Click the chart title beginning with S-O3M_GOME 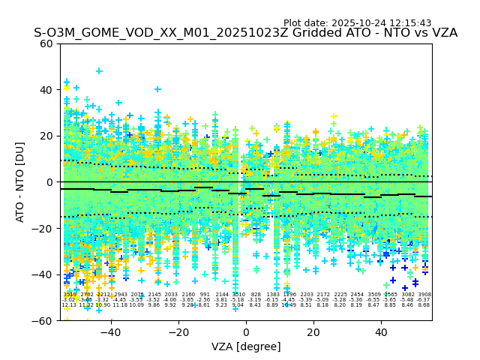click(245, 34)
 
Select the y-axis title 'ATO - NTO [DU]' click(21, 182)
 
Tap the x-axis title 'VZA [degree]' click(246, 346)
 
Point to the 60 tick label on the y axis click(46, 43)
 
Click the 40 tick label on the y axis click(46, 90)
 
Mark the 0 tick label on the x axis click(246, 331)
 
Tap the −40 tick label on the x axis click(110, 331)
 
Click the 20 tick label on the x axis click(313, 331)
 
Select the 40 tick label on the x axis click(381, 331)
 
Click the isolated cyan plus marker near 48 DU click(99, 71)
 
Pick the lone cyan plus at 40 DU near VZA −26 click(157, 89)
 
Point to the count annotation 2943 click(121, 295)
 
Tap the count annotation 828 click(256, 295)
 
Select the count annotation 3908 click(424, 295)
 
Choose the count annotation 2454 click(357, 295)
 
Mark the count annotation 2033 click(171, 295)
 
